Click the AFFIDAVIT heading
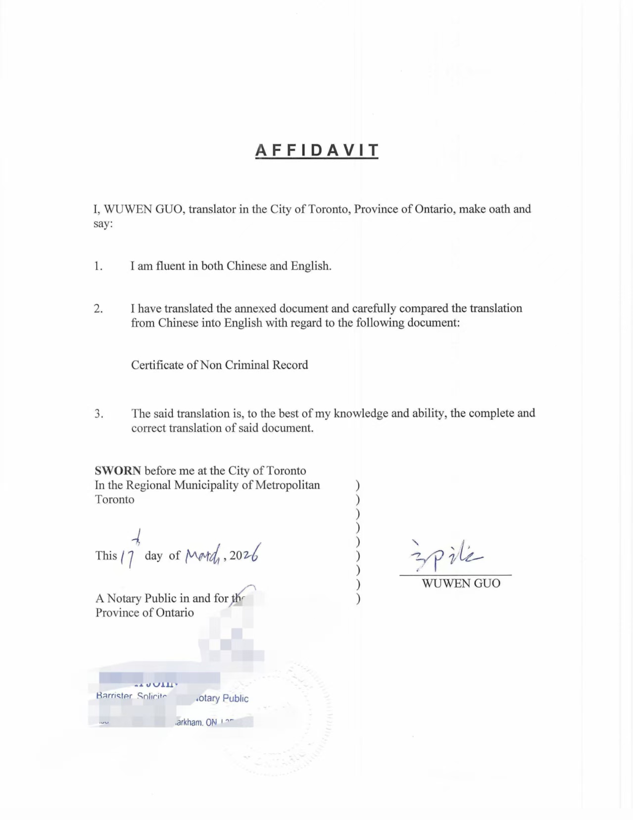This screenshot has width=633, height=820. [x=317, y=150]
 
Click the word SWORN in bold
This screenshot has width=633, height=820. [x=118, y=470]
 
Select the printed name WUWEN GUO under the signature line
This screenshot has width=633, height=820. [x=461, y=583]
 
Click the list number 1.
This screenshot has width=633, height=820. [x=98, y=266]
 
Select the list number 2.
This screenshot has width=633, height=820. [x=98, y=308]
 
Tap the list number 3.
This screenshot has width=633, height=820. [x=98, y=413]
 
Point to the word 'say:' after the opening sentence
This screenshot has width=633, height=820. [x=103, y=224]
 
